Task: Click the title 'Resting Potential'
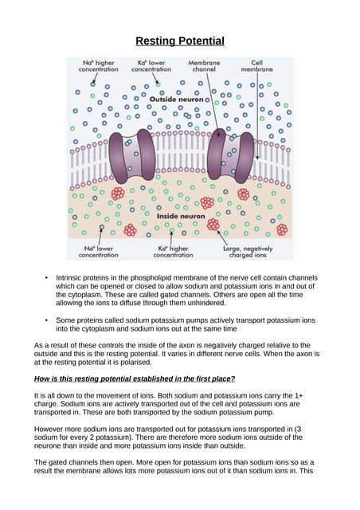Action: click(179, 41)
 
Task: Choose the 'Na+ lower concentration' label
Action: click(99, 251)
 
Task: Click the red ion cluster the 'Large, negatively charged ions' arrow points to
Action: click(213, 225)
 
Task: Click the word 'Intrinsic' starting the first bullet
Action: click(70, 277)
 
